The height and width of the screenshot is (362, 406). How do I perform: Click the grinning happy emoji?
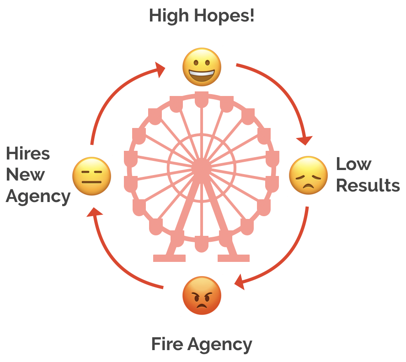(202, 67)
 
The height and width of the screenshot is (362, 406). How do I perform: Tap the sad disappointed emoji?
(308, 176)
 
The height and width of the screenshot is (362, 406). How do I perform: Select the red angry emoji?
(202, 295)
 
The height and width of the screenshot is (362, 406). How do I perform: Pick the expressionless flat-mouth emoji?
(91, 176)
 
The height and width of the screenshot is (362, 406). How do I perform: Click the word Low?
(354, 164)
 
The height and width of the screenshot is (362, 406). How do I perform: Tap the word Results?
(368, 186)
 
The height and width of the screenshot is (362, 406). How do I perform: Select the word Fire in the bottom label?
(167, 344)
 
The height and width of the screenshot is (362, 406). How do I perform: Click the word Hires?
(28, 153)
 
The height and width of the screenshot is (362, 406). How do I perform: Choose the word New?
(26, 175)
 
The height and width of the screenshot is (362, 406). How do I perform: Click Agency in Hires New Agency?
(38, 197)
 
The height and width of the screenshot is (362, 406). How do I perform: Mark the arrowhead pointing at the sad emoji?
(305, 140)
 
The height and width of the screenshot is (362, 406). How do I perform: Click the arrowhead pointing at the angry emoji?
(240, 282)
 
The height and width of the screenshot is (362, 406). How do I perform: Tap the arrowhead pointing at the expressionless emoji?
(94, 212)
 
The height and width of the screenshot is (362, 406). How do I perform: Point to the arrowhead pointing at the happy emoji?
(160, 69)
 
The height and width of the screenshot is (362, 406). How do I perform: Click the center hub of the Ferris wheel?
(202, 168)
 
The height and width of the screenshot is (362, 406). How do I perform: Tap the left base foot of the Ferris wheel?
(169, 258)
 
